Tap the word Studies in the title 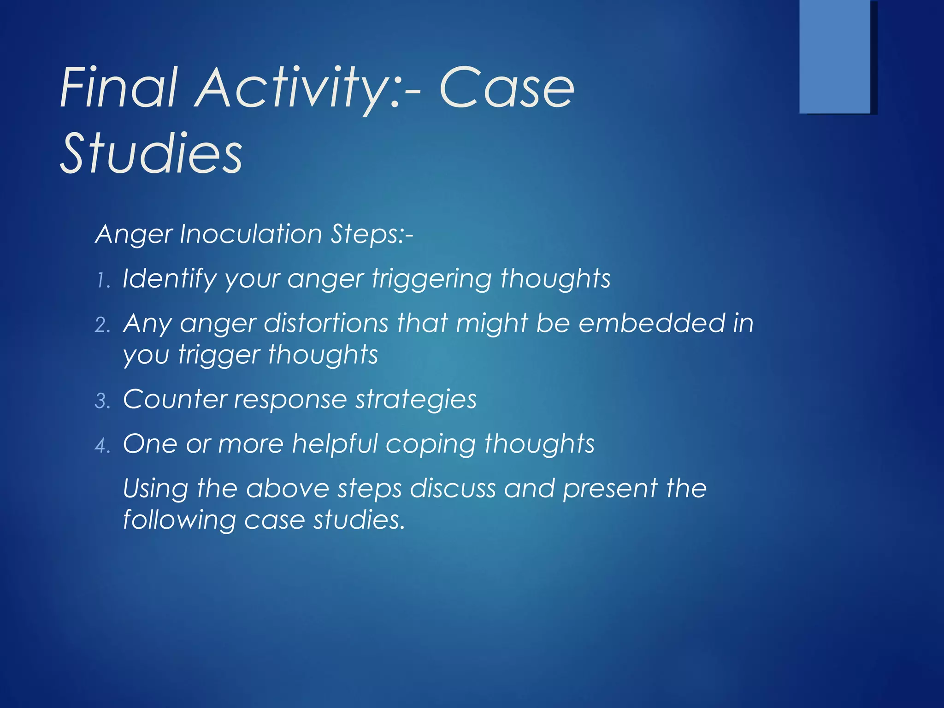point(151,153)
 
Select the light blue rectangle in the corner point(835,56)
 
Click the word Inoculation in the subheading point(251,234)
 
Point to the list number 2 point(102,325)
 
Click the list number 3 point(102,401)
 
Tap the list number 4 point(102,445)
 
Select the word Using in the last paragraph point(155,489)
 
